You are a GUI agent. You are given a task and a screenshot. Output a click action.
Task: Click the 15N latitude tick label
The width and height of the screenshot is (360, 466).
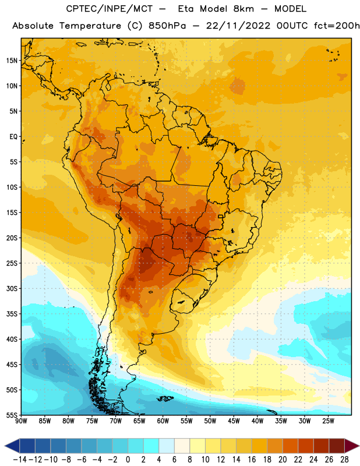[x=12, y=61]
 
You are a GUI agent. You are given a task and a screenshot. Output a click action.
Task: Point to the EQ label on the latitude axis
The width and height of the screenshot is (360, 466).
[x=13, y=137]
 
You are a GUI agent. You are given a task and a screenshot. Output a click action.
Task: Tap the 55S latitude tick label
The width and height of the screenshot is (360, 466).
[x=12, y=415]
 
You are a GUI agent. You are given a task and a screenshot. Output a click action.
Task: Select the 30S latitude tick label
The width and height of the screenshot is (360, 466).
[x=12, y=288]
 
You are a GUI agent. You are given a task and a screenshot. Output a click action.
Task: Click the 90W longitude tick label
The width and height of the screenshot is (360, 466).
[x=21, y=421]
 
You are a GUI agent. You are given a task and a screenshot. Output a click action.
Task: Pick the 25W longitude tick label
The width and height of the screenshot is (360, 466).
[x=328, y=421]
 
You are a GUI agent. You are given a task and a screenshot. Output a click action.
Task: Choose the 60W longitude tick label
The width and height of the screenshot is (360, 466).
[x=163, y=421]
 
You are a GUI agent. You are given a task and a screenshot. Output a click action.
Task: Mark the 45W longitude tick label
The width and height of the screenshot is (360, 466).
[x=234, y=421]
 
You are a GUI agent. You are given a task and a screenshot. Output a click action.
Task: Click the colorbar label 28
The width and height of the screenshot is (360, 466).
[x=344, y=460]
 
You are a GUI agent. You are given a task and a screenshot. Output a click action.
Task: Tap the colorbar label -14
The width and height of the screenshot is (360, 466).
[x=20, y=460]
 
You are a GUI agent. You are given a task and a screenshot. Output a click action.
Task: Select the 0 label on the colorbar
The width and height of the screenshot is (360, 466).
[x=128, y=460]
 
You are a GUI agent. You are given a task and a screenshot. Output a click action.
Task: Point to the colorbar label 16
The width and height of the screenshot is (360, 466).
[x=252, y=460]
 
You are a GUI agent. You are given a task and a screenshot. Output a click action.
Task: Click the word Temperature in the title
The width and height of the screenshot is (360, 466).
[x=90, y=26]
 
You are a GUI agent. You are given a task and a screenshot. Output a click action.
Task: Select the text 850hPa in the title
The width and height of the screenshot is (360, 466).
[x=167, y=26]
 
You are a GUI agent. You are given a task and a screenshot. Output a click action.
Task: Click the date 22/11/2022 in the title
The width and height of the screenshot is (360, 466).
[x=238, y=26]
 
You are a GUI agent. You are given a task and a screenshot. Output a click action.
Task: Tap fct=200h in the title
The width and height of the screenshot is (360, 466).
[x=337, y=26]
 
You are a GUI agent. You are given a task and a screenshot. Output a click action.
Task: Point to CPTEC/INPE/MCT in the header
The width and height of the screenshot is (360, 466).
[x=110, y=9]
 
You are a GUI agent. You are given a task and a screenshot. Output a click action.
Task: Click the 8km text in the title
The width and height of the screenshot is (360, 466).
[x=243, y=9]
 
